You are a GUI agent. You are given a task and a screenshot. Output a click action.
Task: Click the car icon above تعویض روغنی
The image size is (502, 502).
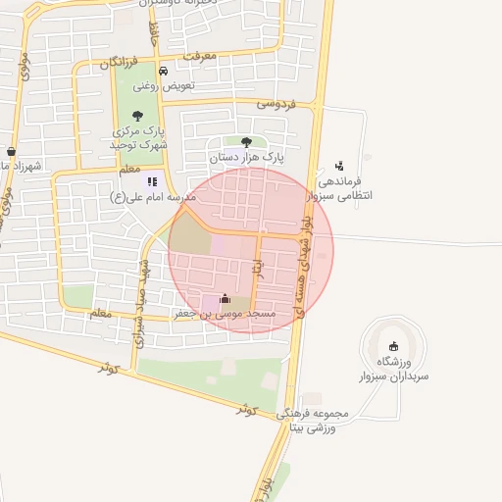coord(163,71)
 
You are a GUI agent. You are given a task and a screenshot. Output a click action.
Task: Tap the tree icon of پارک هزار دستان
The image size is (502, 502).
coord(246,142)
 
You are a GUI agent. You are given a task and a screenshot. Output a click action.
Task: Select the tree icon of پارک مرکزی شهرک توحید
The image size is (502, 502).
coord(136,116)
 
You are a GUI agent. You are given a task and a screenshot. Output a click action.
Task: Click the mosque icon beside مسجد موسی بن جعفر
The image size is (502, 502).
coord(226,299)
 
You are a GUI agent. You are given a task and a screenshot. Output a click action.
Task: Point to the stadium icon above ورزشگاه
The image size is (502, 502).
coord(394,345)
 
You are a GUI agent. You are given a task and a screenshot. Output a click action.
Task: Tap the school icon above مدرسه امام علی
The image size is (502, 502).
coord(152,180)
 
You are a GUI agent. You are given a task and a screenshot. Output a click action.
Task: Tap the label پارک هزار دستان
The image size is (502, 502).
coord(246,157)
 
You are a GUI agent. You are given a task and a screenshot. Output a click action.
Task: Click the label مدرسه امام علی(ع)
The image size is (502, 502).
coord(153,196)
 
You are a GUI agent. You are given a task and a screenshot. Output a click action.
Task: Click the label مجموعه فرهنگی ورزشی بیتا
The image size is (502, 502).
coord(314,421)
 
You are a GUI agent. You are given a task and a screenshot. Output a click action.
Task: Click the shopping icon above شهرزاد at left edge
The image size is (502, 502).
coord(10,151)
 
